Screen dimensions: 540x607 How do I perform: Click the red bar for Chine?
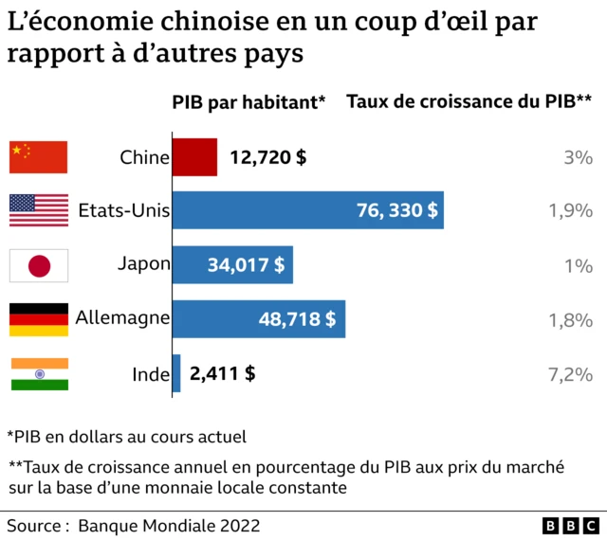coord(194,157)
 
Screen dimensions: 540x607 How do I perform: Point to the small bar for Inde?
coord(176,373)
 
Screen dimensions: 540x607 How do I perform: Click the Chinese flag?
coord(39,157)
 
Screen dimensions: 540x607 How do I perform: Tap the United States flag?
coord(39,210)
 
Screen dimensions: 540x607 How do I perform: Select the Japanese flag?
coord(39,265)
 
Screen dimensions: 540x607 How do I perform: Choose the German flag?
coord(39,319)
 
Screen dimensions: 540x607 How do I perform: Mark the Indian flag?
coord(39,373)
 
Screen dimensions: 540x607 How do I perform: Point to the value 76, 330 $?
coord(397,210)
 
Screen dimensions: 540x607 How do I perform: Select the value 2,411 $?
coord(223,373)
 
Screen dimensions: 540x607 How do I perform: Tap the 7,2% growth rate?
coord(570,374)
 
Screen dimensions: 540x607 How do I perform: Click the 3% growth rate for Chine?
coord(578,157)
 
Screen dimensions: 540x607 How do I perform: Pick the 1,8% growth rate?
coord(570,320)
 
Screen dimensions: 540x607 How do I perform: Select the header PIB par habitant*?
coord(248,102)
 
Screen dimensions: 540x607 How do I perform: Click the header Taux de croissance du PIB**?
coord(469,102)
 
